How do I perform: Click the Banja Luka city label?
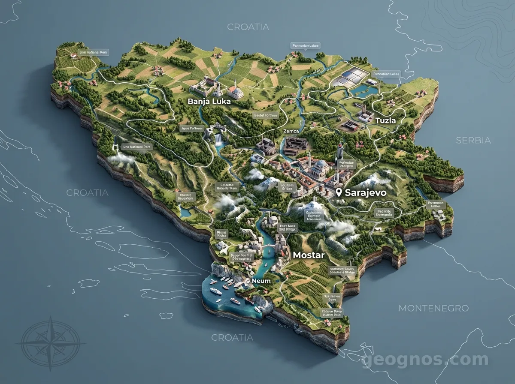click(x=209, y=102)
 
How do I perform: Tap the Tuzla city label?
click(x=385, y=120)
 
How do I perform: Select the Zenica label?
click(x=291, y=131)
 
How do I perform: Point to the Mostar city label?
click(x=308, y=255)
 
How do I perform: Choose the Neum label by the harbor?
click(x=262, y=281)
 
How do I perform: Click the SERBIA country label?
click(x=473, y=140)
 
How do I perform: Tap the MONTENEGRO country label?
click(x=433, y=308)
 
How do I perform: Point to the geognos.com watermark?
click(x=425, y=360)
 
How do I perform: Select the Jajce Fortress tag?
click(x=191, y=128)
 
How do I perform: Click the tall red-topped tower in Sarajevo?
click(x=339, y=151)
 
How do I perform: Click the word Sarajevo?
click(x=366, y=193)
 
